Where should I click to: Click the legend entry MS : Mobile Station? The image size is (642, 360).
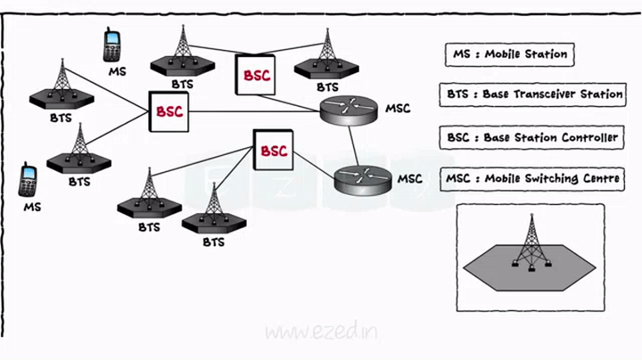[x=507, y=54]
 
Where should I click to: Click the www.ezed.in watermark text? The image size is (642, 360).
[x=322, y=332]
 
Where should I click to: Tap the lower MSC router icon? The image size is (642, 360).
[x=363, y=180]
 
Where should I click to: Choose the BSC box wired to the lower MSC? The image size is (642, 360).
[x=273, y=151]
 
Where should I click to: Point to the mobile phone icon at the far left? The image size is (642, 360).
[x=29, y=179]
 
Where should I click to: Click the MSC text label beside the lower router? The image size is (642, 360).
[x=409, y=179]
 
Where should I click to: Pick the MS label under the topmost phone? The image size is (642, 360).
[x=117, y=70]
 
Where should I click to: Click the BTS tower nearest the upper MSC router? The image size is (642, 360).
[x=327, y=55]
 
